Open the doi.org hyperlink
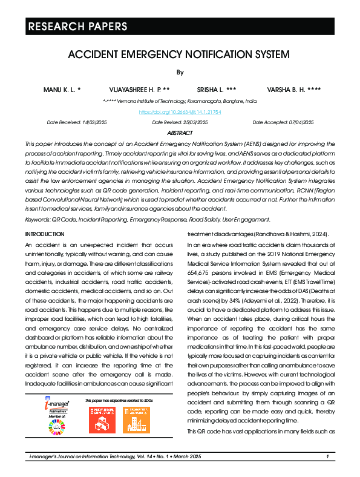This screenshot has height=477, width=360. point(180,112)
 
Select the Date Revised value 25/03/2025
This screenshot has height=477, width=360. point(193,122)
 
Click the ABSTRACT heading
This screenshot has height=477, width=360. point(180,133)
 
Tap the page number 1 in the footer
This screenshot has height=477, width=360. point(327,456)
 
